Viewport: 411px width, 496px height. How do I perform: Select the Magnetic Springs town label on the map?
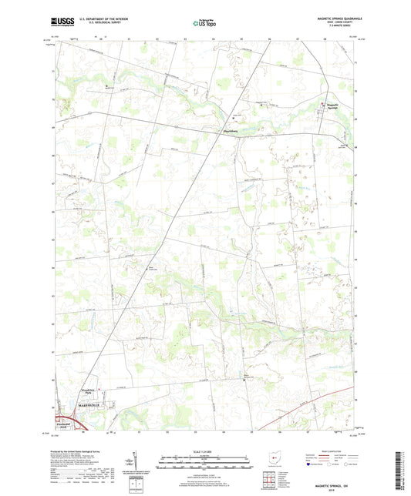click(332, 108)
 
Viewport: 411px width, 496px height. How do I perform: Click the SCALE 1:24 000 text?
click(204, 453)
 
